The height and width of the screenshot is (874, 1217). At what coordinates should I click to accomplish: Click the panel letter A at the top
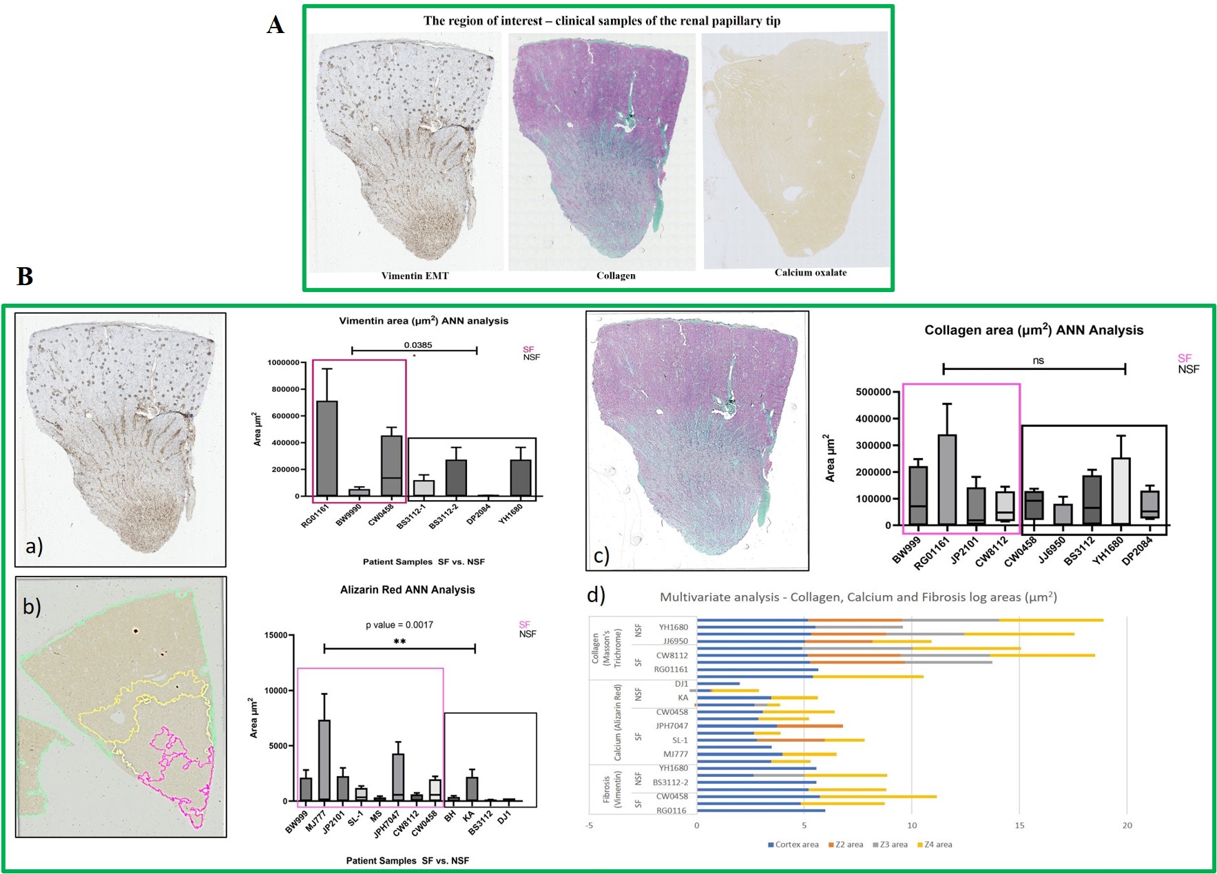point(275,25)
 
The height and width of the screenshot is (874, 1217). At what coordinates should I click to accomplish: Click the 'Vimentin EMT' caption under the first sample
point(415,275)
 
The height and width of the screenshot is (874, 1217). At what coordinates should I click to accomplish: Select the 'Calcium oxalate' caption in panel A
point(810,272)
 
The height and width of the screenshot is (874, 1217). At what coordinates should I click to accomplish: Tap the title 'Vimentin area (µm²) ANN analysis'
point(424,321)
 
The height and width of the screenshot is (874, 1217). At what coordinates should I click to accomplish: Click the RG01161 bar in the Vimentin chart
point(326,448)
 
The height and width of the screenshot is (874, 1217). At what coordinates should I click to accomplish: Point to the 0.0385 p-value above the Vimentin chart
point(418,345)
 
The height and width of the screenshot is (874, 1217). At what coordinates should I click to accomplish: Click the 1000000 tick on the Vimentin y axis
point(284,362)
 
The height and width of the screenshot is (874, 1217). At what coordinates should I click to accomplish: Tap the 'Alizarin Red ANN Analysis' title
point(407,590)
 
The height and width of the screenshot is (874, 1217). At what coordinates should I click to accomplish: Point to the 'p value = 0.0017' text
point(399,625)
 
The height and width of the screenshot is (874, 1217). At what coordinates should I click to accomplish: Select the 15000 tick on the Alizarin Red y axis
point(275,635)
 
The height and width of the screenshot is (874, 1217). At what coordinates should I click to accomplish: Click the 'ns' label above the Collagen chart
point(1038,360)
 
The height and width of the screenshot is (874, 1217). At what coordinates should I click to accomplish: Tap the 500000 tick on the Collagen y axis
point(873,392)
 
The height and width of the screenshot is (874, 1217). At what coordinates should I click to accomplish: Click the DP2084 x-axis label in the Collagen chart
point(1137,551)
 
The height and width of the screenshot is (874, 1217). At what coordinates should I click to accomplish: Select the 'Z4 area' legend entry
point(935,844)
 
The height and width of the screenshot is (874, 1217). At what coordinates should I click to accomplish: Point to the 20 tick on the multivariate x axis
point(1127,825)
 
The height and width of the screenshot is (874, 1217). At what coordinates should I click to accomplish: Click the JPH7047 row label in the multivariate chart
point(671,726)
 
